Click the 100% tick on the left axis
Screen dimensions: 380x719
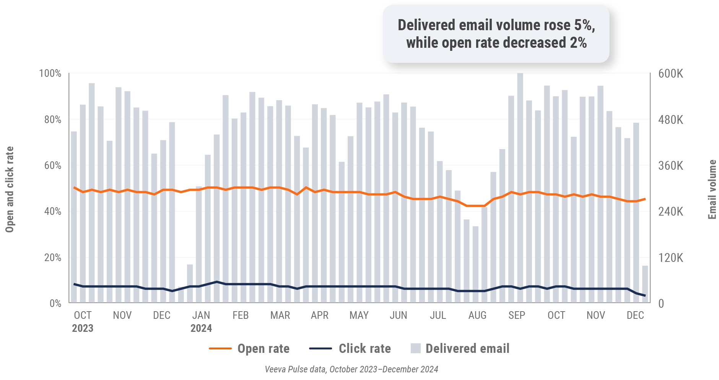pos(50,73)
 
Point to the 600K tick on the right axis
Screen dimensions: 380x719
pos(670,74)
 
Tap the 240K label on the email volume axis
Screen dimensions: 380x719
pos(670,212)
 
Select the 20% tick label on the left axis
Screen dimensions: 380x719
pos(52,258)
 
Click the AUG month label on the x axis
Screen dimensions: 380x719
pos(477,315)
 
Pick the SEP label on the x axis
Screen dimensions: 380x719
pos(517,315)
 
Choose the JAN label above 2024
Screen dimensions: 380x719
pos(201,315)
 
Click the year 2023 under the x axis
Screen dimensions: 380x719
pos(83,328)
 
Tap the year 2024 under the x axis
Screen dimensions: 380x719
pos(201,328)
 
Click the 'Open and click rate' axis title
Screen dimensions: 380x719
pos(10,190)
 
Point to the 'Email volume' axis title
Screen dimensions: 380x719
pos(712,190)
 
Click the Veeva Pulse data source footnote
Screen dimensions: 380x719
pos(351,369)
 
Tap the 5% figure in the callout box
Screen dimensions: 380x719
pos(584,25)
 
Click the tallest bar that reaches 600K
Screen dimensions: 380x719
pos(520,187)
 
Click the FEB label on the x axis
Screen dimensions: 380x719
pos(241,315)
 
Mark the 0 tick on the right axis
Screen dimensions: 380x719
pos(661,304)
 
